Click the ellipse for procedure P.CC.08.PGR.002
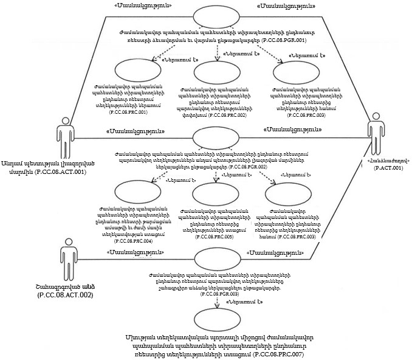[x=218, y=139]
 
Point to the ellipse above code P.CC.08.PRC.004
[x=137, y=193]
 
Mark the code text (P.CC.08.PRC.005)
[x=216, y=237]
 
